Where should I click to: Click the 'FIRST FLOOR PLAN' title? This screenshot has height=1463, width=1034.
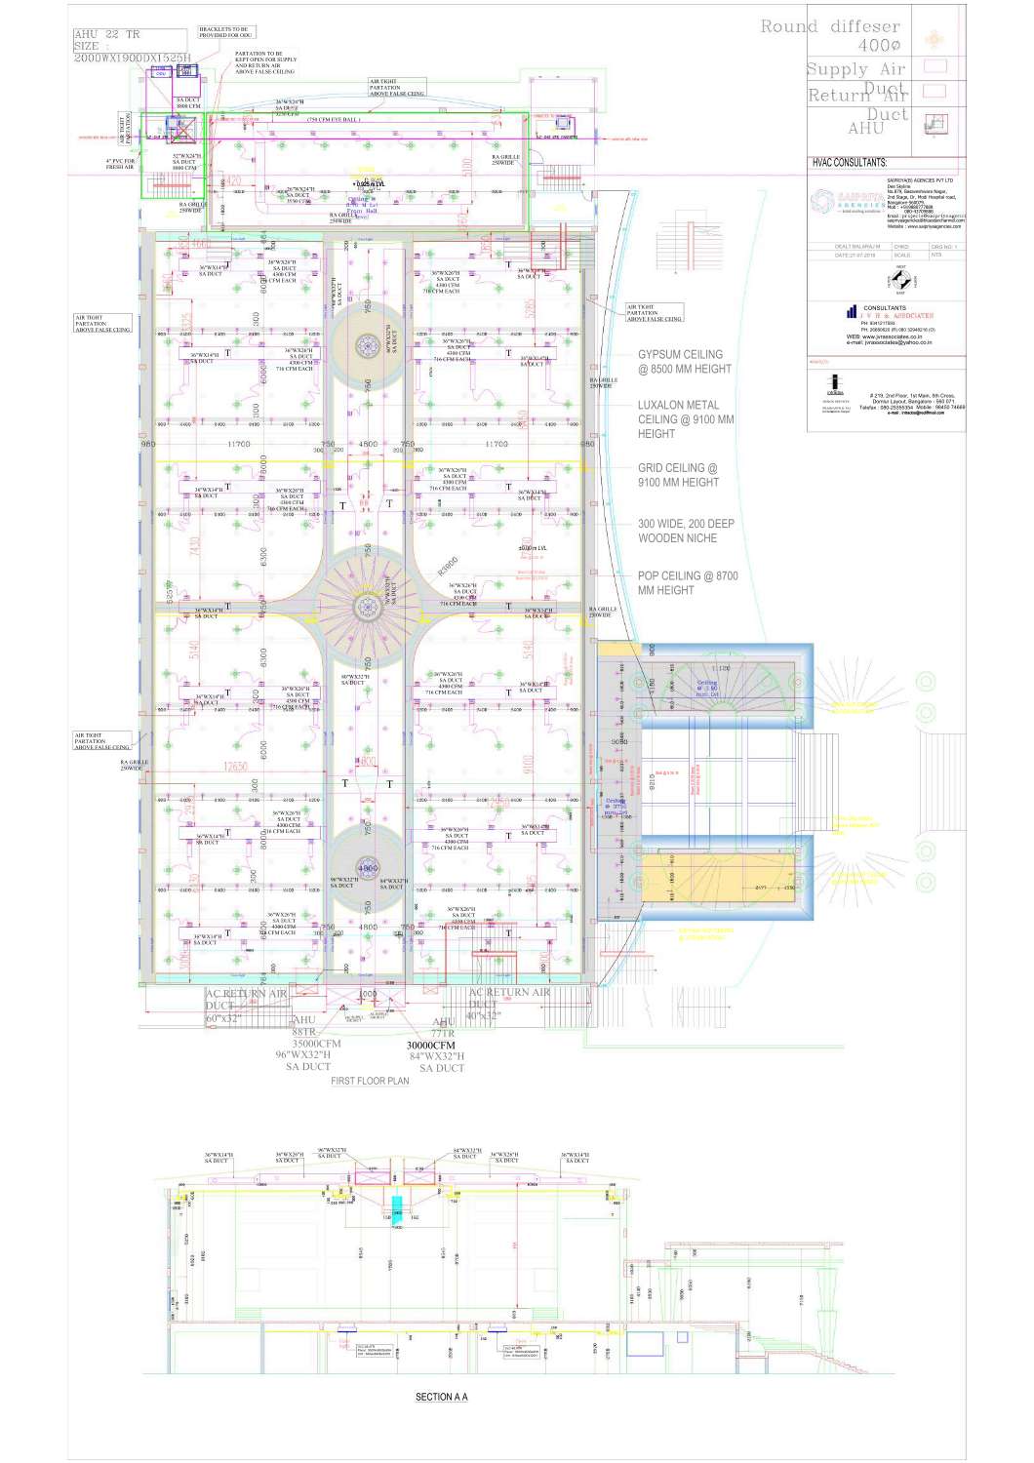click(x=370, y=1081)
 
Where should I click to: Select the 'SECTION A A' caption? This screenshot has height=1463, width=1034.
click(x=441, y=1397)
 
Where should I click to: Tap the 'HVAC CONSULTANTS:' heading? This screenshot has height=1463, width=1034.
click(x=849, y=163)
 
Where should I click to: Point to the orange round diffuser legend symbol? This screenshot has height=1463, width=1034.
click(x=934, y=39)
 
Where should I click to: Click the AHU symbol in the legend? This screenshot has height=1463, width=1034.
click(x=935, y=123)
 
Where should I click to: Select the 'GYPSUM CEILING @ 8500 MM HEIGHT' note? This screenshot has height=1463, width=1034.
click(x=684, y=362)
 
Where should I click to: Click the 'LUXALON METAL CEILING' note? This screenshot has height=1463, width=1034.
click(x=685, y=418)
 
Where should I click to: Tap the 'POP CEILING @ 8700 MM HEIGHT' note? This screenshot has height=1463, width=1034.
click(x=687, y=583)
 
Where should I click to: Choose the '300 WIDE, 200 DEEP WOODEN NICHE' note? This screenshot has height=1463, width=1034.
click(x=686, y=531)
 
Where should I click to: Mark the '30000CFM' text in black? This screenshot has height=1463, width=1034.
click(x=430, y=1045)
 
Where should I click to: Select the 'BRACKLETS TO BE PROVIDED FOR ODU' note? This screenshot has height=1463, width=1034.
click(x=223, y=32)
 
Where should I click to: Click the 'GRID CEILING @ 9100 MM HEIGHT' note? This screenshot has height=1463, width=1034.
click(x=678, y=475)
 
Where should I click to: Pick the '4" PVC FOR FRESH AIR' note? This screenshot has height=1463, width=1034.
click(x=120, y=164)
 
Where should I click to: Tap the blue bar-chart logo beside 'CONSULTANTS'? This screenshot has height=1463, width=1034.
click(x=852, y=313)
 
